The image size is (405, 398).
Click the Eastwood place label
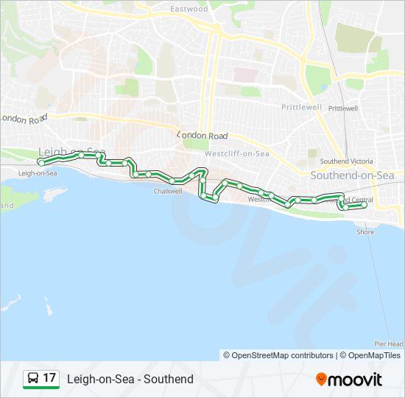pyautogui.click(x=189, y=9)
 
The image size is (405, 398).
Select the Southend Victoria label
pyautogui.click(x=347, y=161)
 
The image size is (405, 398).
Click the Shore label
pyautogui.click(x=365, y=232)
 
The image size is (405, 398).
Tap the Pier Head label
pyautogui.click(x=388, y=344)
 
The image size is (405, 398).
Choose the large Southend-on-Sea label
pyautogui.click(x=352, y=175)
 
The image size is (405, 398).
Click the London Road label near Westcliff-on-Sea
pyautogui.click(x=202, y=136)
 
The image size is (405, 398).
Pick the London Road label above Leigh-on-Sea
pyautogui.click(x=24, y=118)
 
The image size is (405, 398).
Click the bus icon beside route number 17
pyautogui.click(x=33, y=379)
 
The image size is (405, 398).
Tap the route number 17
pyautogui.click(x=49, y=379)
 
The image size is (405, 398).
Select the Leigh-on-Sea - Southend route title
pyautogui.click(x=130, y=379)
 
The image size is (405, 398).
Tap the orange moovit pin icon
pyautogui.click(x=321, y=379)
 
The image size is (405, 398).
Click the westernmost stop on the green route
pyautogui.click(x=40, y=161)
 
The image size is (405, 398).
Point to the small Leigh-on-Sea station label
pyautogui.click(x=38, y=173)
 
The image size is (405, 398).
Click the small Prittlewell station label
pyautogui.click(x=342, y=108)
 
